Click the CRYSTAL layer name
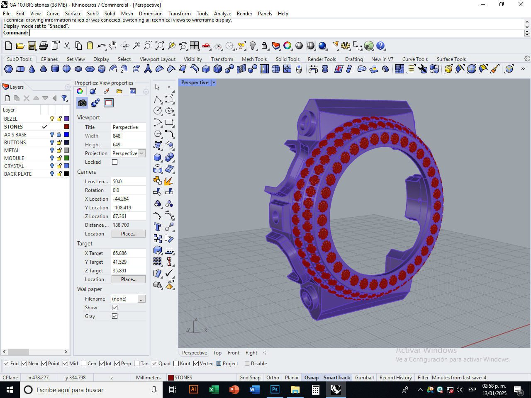coord(14,166)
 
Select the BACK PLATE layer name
coord(18,174)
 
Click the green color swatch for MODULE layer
coord(66,158)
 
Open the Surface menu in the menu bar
coord(73,13)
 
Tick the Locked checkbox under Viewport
coord(115,162)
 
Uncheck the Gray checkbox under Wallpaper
coord(115,316)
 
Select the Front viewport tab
coord(233,353)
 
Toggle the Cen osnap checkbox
coord(84,364)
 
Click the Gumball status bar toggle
coord(364,377)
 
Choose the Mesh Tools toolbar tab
coord(254,59)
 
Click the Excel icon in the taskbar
coord(214,390)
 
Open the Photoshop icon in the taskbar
coord(275,390)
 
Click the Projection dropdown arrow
coord(141,153)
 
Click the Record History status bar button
coord(395,377)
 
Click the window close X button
coord(520,5)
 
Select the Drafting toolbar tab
coord(353,59)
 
